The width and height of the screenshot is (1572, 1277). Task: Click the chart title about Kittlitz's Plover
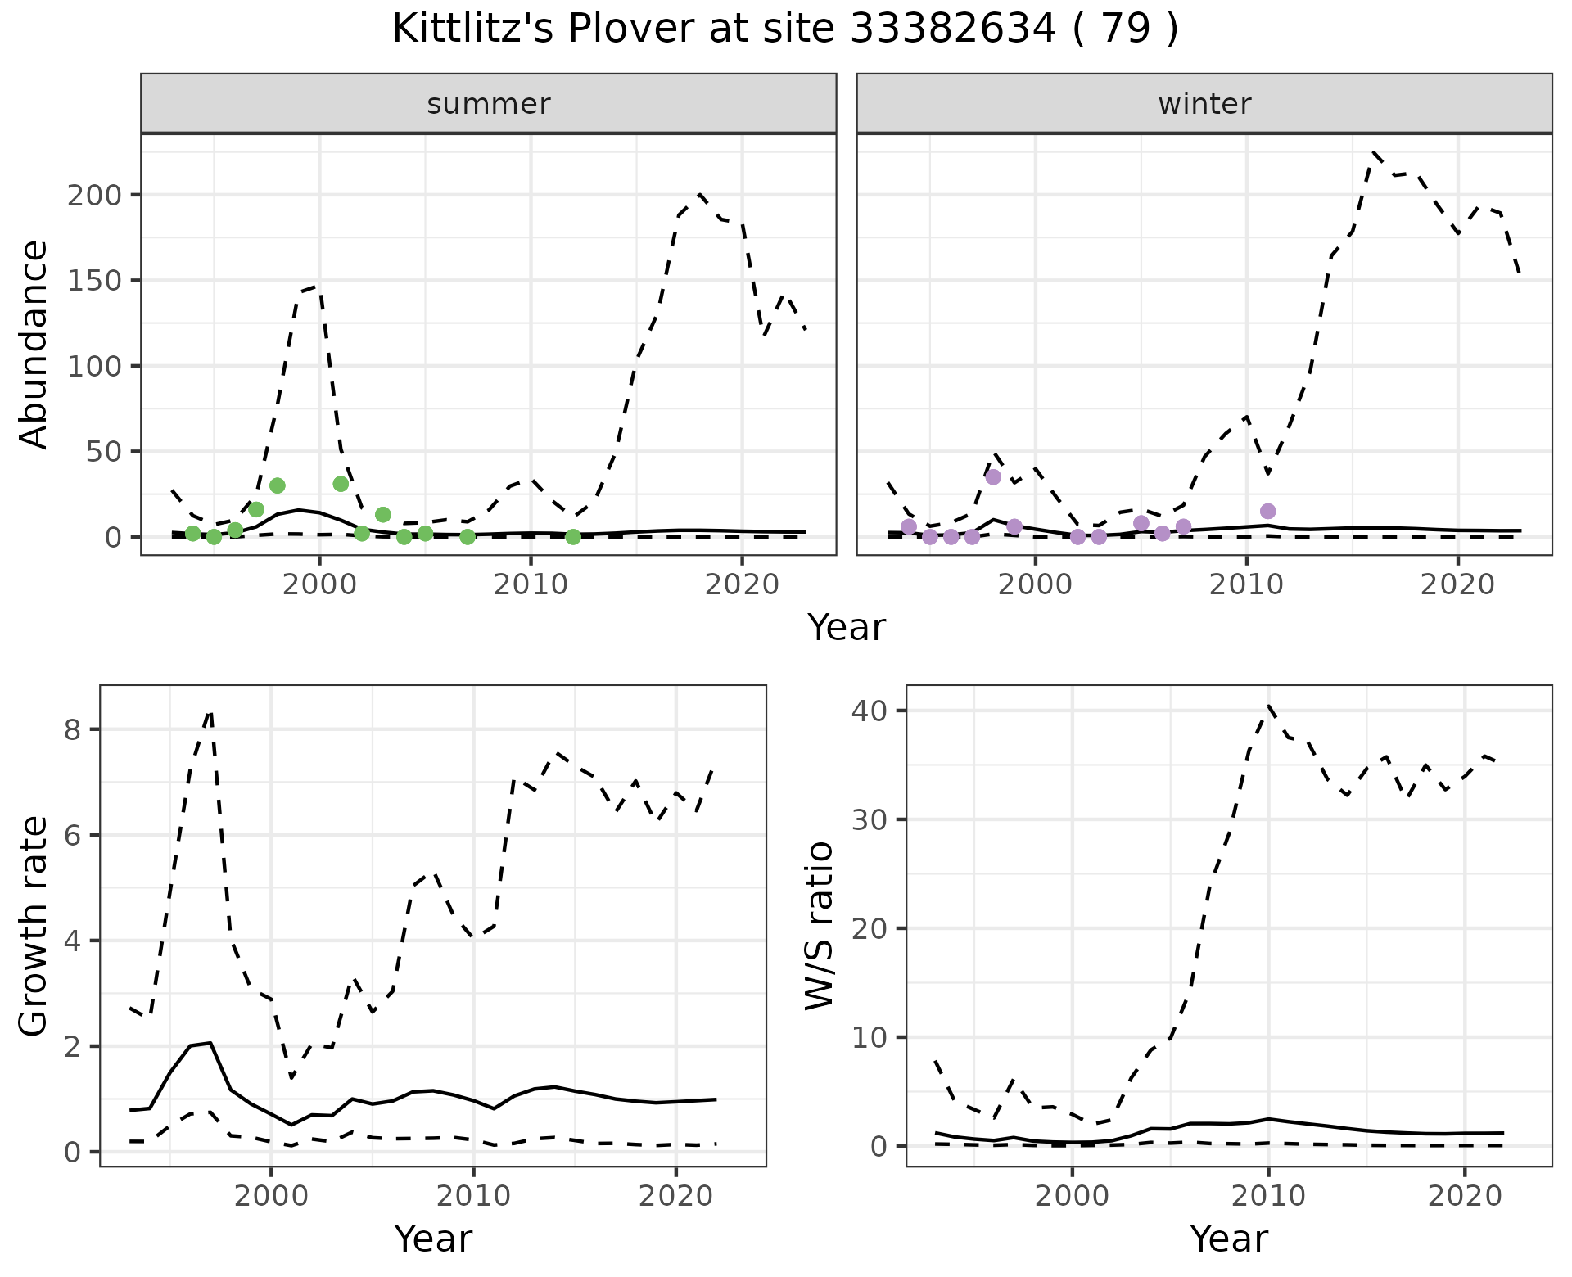(x=785, y=29)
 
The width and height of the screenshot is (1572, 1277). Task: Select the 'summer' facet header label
(x=489, y=104)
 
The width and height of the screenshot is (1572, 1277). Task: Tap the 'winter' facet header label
(x=1204, y=104)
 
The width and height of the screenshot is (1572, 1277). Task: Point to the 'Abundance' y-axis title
(x=34, y=344)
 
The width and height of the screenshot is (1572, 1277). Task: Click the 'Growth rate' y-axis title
(x=34, y=925)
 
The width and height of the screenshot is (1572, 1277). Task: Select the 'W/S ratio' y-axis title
(x=819, y=925)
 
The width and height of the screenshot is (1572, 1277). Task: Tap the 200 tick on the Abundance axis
(x=101, y=195)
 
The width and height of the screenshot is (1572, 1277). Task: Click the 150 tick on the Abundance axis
(x=101, y=281)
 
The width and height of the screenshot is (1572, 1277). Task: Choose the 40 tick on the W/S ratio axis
(x=870, y=710)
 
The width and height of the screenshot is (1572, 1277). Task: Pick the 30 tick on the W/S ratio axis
(x=870, y=819)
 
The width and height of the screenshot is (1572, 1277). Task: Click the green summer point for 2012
(x=573, y=537)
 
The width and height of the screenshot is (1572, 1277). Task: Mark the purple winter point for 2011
(x=1267, y=512)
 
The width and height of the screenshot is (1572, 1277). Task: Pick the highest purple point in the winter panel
(x=993, y=477)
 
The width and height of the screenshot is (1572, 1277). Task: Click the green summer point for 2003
(x=382, y=515)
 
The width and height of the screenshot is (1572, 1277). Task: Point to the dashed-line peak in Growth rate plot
(x=210, y=712)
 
